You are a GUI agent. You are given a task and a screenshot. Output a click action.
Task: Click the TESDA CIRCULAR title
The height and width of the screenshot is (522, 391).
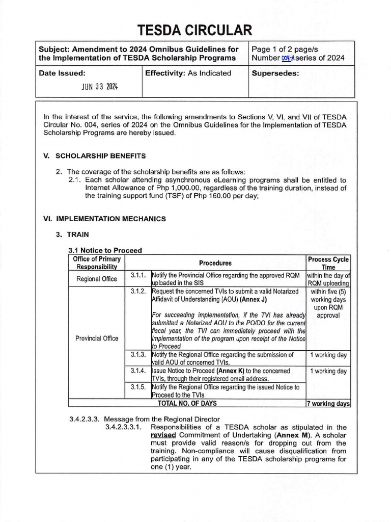click(195, 30)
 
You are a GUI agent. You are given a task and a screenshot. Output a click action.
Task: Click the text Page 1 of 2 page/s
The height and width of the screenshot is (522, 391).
click(285, 49)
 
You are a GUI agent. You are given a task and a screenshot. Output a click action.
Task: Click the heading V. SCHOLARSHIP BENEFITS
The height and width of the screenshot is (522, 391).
click(95, 155)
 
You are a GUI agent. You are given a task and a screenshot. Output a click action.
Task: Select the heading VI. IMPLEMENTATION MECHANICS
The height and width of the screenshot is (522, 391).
click(105, 219)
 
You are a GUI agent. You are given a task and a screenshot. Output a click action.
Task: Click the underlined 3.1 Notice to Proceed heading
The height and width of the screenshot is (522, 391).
click(105, 250)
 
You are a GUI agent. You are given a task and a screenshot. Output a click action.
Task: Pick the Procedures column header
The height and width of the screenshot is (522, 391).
click(215, 263)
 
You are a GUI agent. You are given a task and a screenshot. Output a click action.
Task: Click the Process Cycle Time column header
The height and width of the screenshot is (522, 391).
click(328, 263)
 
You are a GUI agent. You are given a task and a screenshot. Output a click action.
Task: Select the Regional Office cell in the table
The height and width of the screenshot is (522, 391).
click(97, 279)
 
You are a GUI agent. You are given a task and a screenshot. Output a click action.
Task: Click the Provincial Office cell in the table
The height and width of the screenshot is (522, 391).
click(97, 338)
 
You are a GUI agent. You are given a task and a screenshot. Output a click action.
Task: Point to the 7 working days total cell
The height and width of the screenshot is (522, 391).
click(328, 403)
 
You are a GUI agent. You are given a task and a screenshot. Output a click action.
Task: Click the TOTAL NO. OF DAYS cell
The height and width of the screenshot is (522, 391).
click(187, 403)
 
